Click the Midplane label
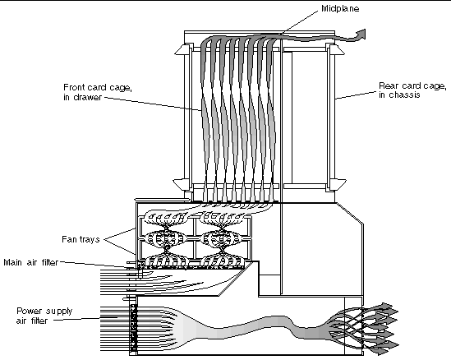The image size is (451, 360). coord(340,9)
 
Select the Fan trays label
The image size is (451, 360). coord(81,239)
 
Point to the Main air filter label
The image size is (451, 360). coord(31,262)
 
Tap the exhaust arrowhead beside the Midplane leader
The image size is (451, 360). coord(361,34)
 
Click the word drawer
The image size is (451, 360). coord(87,97)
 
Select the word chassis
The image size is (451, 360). coord(404,95)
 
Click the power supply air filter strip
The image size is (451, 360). coord(133,328)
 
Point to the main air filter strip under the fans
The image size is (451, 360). coord(191,267)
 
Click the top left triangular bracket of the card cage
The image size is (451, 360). coord(182,49)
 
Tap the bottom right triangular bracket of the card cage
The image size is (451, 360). coord(338,184)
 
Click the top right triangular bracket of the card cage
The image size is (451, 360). coord(336,49)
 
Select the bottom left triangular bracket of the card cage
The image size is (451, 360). coord(182,184)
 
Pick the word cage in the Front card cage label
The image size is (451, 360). coord(120,88)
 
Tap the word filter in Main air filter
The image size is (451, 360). coord(50,262)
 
